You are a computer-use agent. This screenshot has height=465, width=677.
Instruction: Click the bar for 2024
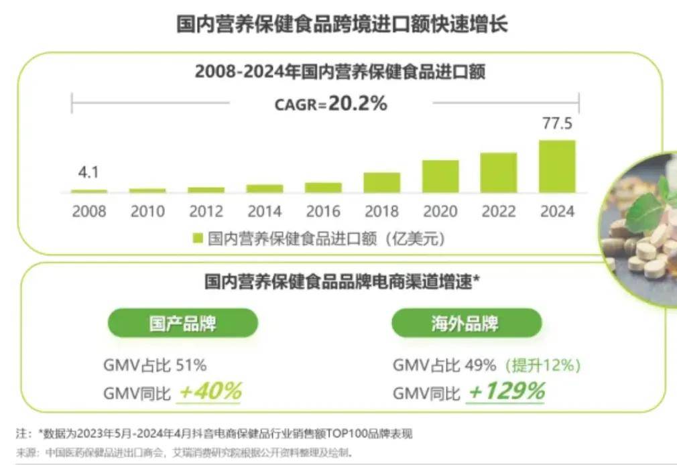(557, 166)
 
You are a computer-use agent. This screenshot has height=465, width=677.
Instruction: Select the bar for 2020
(440, 176)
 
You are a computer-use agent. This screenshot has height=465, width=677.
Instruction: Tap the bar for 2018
(381, 183)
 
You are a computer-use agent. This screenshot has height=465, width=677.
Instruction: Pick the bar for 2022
(499, 173)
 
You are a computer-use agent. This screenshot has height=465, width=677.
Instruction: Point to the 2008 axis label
(89, 212)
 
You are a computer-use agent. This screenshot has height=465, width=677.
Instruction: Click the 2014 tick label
(265, 212)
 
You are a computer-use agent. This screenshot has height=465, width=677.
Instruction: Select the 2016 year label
(323, 212)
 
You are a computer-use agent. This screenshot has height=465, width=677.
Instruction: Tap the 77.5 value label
(558, 123)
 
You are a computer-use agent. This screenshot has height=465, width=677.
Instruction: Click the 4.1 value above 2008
(88, 172)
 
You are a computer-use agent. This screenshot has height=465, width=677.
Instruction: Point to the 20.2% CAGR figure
(358, 104)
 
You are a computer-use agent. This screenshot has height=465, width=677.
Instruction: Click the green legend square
(198, 239)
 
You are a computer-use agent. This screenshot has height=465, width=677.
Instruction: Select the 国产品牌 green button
(182, 323)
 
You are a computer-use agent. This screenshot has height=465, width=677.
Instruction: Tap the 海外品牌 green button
(467, 323)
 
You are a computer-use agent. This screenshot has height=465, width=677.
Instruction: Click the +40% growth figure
(210, 391)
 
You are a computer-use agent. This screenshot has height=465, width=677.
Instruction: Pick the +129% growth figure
(507, 391)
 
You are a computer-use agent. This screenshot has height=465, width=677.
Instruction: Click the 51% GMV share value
(191, 365)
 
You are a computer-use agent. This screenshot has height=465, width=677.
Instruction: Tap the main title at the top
(342, 23)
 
